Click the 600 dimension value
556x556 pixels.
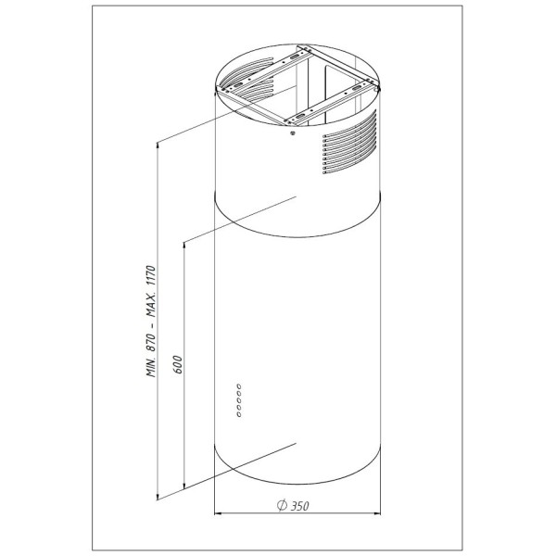click(x=178, y=363)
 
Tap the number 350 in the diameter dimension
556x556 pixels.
click(x=299, y=505)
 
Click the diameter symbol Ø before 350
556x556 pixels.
click(x=282, y=505)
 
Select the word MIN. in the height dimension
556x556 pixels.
click(x=151, y=367)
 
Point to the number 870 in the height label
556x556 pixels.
click(x=151, y=343)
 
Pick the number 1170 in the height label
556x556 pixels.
click(x=151, y=276)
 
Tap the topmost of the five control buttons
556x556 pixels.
click(x=239, y=386)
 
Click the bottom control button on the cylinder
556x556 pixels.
click(x=239, y=413)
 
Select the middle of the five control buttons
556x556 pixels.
click(x=239, y=400)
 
